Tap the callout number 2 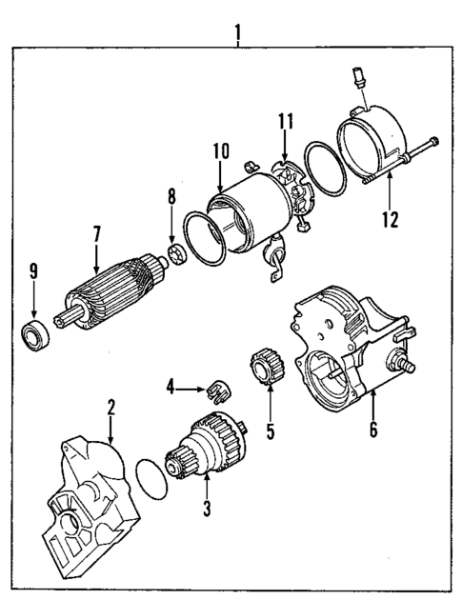[111, 408]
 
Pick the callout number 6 [372, 429]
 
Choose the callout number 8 [171, 198]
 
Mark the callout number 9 [32, 271]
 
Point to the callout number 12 [389, 218]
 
